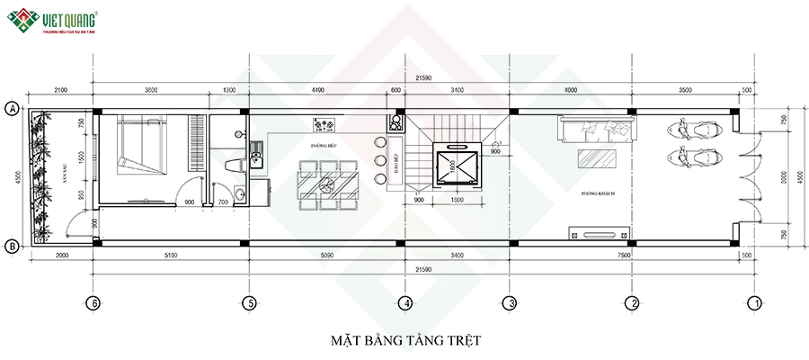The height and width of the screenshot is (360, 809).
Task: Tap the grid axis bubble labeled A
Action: (13, 109)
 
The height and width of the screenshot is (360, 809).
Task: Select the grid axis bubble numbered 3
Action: (509, 303)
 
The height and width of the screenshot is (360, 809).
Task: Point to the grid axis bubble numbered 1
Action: (756, 303)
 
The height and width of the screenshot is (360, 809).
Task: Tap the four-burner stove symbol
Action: (324, 123)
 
